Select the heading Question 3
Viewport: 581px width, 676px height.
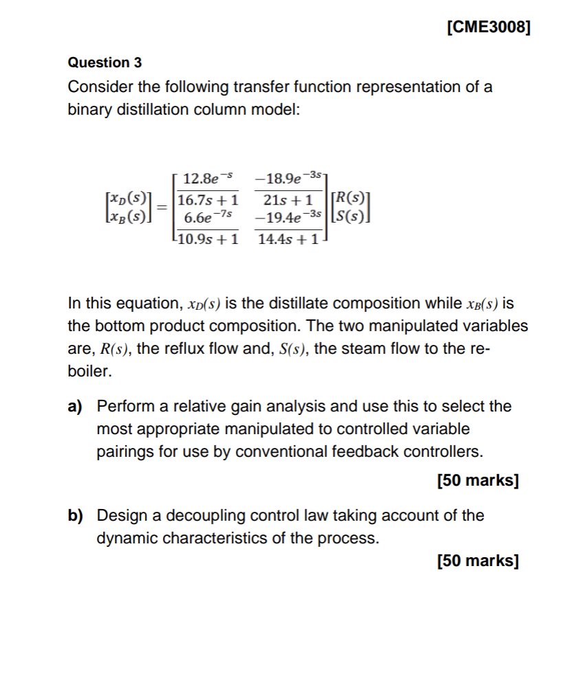tap(105, 63)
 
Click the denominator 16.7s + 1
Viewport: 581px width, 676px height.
tap(208, 201)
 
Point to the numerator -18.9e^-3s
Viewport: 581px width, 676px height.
tap(287, 180)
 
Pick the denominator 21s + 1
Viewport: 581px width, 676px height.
tap(288, 201)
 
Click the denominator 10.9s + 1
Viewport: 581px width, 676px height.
tap(208, 240)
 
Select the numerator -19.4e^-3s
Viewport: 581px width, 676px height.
tap(288, 219)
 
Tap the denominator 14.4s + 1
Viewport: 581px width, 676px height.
tap(288, 240)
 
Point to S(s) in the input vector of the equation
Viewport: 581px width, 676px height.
tap(348, 219)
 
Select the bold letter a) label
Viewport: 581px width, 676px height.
tap(75, 406)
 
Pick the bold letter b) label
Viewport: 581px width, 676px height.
tap(75, 515)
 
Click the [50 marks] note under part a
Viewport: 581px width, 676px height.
tap(477, 480)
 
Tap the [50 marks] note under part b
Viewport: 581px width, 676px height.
tap(477, 561)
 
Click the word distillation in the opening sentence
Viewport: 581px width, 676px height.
tap(147, 110)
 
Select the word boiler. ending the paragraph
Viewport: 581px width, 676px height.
tap(89, 372)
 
